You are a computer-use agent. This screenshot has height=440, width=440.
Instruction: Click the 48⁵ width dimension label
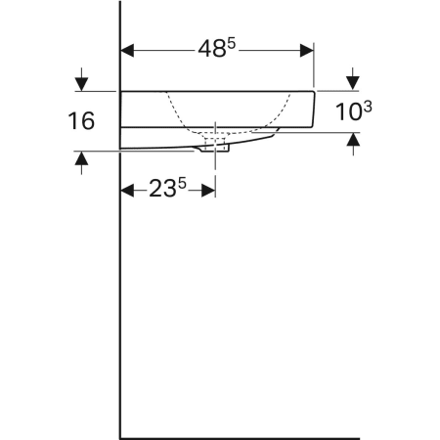click(x=214, y=48)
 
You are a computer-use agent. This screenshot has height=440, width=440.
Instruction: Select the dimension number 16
click(x=81, y=121)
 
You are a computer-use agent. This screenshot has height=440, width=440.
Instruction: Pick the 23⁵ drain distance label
click(x=168, y=190)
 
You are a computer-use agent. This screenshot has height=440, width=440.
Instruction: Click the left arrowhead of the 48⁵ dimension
click(x=127, y=48)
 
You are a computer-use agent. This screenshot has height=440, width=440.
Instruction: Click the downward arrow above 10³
click(x=353, y=81)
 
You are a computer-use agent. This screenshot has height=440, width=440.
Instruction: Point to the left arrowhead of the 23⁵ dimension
click(x=127, y=190)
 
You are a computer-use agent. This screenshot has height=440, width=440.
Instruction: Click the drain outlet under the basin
click(x=215, y=148)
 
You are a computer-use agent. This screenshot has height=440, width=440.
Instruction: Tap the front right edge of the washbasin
click(x=313, y=110)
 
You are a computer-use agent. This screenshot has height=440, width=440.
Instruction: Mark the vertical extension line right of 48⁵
click(x=314, y=64)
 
